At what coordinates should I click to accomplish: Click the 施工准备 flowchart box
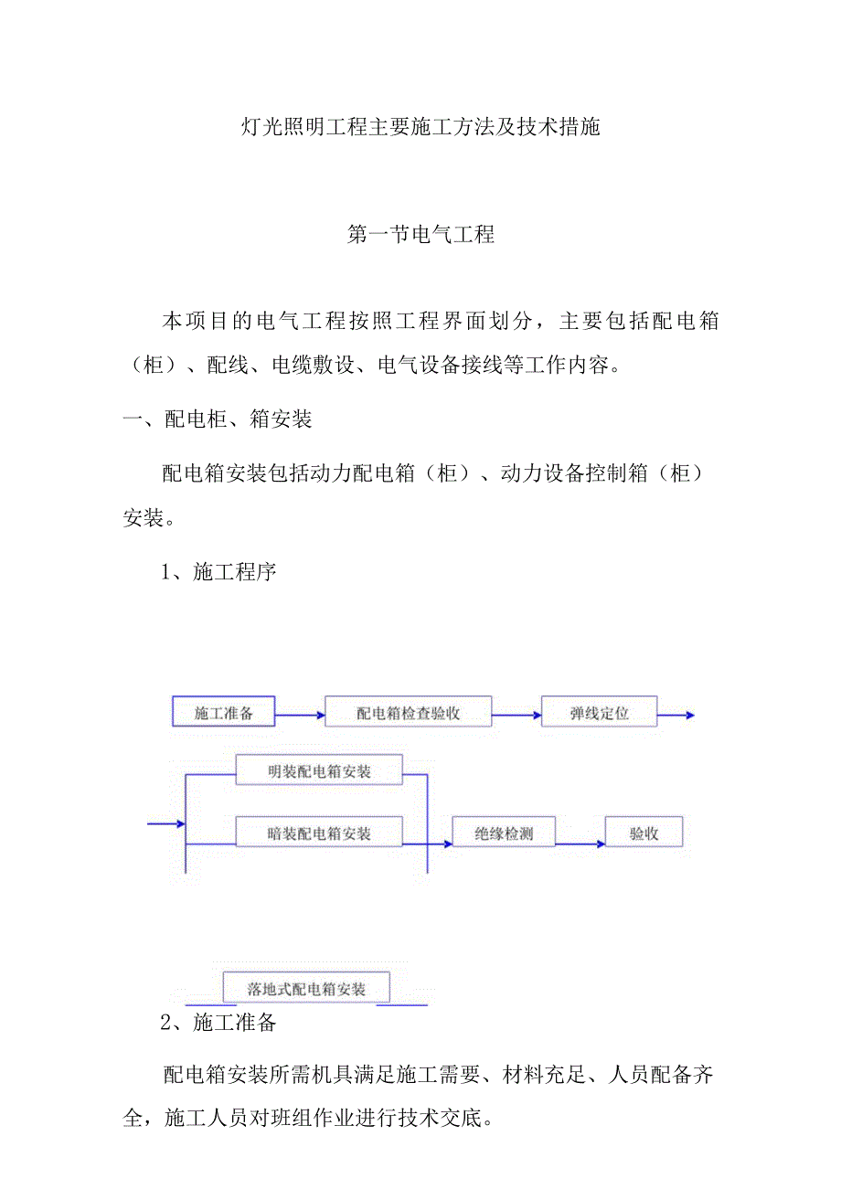coord(223,712)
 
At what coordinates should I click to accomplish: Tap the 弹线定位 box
coord(599,712)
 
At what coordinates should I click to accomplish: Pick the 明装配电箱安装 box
coord(319,770)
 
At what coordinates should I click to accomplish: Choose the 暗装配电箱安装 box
coord(319,833)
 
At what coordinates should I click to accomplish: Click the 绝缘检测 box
coord(504,833)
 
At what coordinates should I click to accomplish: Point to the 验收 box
coord(643,833)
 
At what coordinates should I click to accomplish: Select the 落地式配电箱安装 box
coord(306,988)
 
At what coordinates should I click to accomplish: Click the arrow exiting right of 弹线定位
coord(676,716)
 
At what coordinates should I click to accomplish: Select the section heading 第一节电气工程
coord(421,235)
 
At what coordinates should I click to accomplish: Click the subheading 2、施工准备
coord(218,1023)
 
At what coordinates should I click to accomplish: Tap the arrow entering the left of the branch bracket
coord(166,824)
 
